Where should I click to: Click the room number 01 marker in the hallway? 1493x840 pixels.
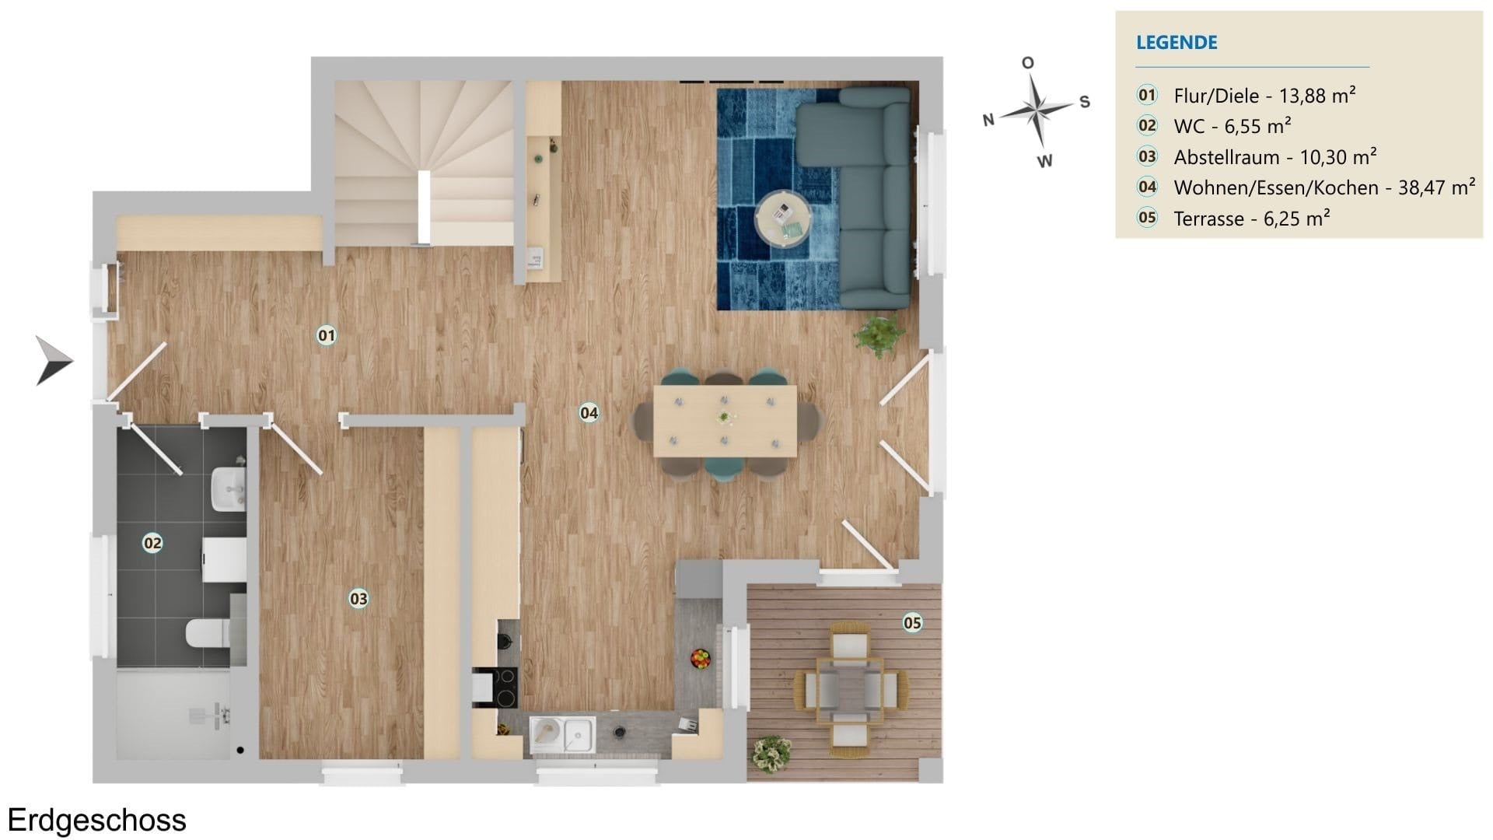(327, 335)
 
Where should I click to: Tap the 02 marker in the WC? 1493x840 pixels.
(152, 543)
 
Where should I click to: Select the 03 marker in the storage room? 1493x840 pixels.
(358, 599)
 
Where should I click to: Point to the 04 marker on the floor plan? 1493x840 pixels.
(589, 413)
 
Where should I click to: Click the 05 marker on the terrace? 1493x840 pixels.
(912, 622)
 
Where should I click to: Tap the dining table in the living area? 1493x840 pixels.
(725, 421)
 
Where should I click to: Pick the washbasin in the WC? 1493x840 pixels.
(229, 488)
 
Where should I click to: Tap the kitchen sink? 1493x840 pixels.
(563, 734)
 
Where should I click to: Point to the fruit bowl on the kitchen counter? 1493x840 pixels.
(701, 659)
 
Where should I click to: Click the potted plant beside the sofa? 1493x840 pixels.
(879, 335)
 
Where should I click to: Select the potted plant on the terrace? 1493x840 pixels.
(771, 754)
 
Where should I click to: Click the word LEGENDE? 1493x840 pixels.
(1177, 42)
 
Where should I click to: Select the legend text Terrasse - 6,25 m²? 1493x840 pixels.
(1251, 219)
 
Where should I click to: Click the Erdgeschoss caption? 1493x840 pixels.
(97, 821)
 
